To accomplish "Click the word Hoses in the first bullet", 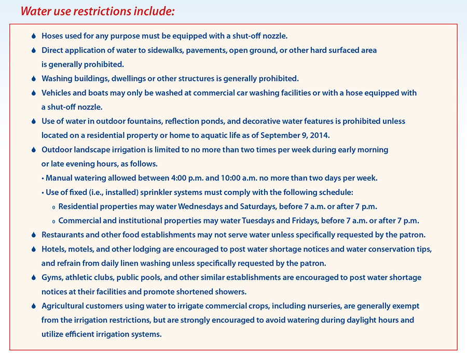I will (x=52, y=36).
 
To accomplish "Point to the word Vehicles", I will (x=58, y=93).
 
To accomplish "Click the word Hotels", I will (x=53, y=249).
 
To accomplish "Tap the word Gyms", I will (x=52, y=278).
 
